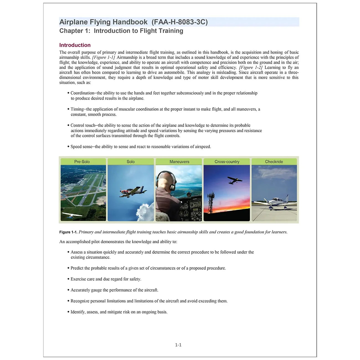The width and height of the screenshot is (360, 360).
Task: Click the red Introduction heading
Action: tap(75, 45)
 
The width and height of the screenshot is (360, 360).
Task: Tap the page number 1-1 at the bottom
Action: tap(178, 345)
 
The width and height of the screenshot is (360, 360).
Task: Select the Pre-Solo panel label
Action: tap(82, 162)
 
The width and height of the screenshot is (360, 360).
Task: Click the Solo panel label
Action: tap(131, 162)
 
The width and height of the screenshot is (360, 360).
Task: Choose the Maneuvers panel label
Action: tap(179, 162)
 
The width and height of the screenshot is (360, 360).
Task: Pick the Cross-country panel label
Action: tap(227, 162)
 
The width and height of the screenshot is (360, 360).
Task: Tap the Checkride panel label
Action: tap(274, 162)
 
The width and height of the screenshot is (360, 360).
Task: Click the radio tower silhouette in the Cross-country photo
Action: tap(211, 202)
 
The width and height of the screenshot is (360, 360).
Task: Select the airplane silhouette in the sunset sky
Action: tap(234, 180)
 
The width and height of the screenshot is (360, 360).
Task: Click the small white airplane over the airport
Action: tap(71, 215)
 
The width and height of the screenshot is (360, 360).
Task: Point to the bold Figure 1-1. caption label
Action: tap(68, 232)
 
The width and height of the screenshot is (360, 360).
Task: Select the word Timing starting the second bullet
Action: tap(77, 109)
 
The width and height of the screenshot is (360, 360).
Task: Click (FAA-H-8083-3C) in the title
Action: tap(179, 22)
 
